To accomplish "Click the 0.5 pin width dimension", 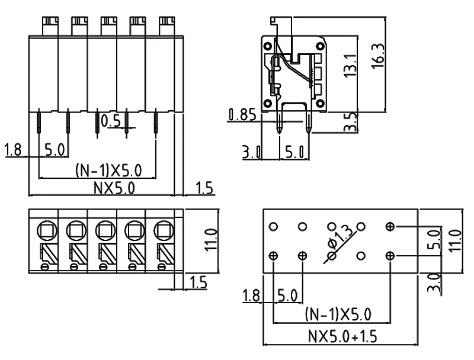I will click(111, 121).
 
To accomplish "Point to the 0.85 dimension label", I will click(241, 114).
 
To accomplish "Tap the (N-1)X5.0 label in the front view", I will click(109, 171).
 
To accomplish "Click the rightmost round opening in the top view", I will click(162, 228).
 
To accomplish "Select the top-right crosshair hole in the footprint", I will click(390, 226).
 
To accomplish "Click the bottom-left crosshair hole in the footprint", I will click(274, 256).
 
